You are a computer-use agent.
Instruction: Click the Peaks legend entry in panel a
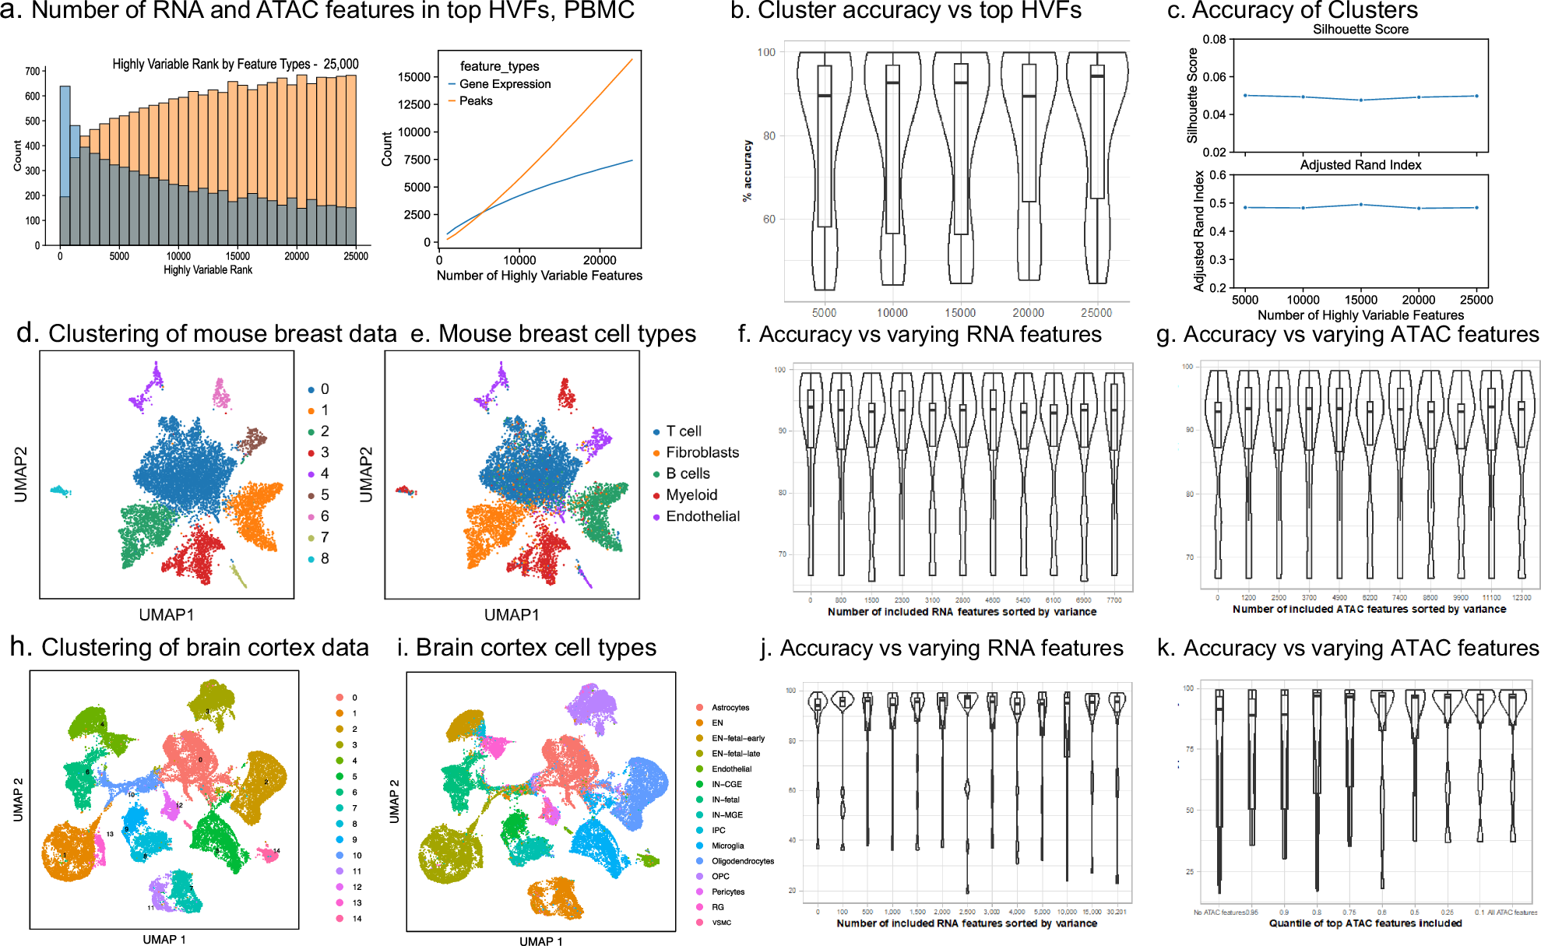(x=475, y=101)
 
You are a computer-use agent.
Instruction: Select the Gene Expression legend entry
(x=505, y=84)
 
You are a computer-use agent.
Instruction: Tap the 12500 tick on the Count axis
(x=414, y=104)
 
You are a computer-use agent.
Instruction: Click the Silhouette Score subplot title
(x=1360, y=30)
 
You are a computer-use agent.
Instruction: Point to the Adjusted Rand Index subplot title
(x=1360, y=165)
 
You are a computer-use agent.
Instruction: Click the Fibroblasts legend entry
(x=702, y=452)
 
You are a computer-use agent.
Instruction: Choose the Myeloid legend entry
(x=691, y=495)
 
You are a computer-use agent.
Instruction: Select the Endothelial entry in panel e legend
(x=702, y=516)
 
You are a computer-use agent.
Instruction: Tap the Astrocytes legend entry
(x=730, y=708)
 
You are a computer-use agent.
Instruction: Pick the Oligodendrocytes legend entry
(x=742, y=861)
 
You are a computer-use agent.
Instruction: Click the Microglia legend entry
(x=727, y=846)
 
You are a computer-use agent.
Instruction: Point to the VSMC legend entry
(x=721, y=923)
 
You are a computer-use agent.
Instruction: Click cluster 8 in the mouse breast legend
(x=324, y=559)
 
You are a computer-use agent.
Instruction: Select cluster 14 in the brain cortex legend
(x=357, y=919)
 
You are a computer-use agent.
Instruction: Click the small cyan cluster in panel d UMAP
(x=59, y=491)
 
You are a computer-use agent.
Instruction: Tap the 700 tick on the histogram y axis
(x=32, y=72)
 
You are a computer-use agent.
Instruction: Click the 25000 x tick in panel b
(x=1096, y=313)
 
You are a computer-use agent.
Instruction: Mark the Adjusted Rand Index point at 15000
(x=1360, y=205)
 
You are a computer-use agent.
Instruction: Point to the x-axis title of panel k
(x=1365, y=923)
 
